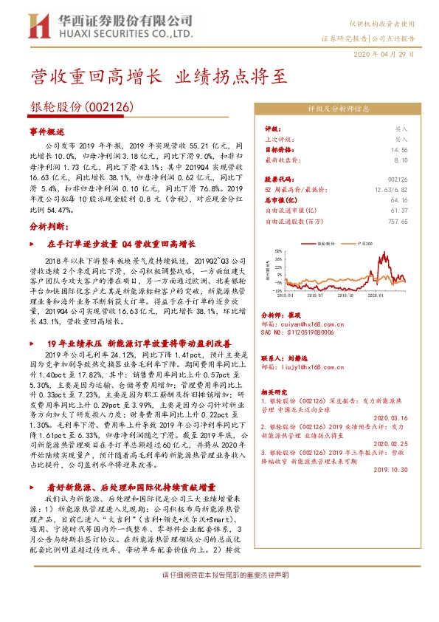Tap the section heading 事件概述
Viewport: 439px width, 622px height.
click(x=47, y=131)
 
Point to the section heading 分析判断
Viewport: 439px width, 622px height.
click(x=49, y=226)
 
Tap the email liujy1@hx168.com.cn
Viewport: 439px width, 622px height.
click(x=311, y=365)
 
